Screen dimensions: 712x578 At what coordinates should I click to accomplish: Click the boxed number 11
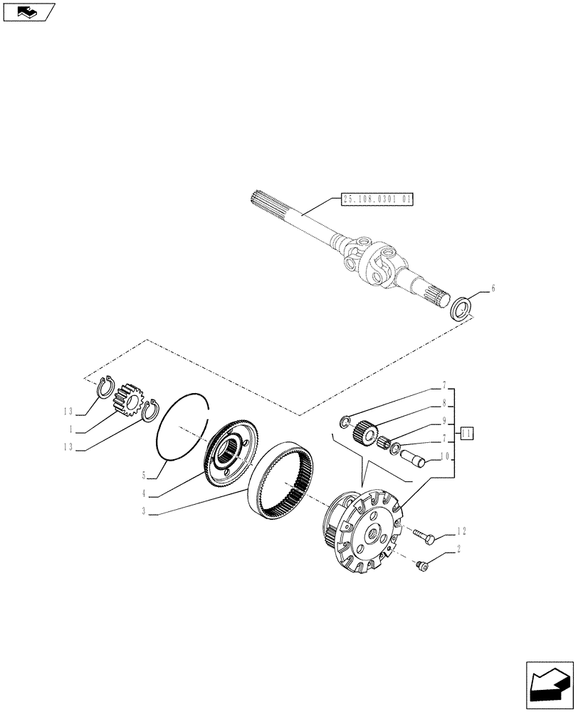click(467, 433)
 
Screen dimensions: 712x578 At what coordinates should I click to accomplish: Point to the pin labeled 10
click(412, 456)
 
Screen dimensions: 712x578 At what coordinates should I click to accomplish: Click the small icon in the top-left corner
click(28, 11)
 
